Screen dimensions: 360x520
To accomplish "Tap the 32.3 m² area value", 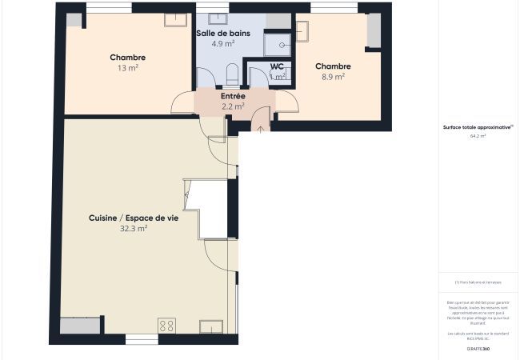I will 134,228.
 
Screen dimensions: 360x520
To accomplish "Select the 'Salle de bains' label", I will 223,34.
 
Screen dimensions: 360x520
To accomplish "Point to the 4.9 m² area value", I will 223,44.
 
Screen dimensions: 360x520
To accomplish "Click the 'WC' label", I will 277,66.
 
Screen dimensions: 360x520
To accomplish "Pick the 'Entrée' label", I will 233,96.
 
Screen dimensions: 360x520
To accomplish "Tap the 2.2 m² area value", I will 233,106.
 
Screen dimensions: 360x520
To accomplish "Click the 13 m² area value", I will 127,68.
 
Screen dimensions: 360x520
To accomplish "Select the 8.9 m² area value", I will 332,77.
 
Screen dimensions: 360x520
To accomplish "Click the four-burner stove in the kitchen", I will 167,325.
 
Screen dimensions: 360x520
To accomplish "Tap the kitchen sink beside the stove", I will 211,326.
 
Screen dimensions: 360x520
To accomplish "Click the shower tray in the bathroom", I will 278,43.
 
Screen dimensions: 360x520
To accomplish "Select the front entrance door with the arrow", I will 260,121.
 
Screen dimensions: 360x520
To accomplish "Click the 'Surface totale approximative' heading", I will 478,126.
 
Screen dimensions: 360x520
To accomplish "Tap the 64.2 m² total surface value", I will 478,136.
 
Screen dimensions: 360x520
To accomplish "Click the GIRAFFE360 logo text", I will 478,349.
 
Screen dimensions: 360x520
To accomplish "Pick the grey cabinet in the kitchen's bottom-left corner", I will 81,326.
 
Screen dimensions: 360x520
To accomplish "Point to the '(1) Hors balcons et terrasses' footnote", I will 478,282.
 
